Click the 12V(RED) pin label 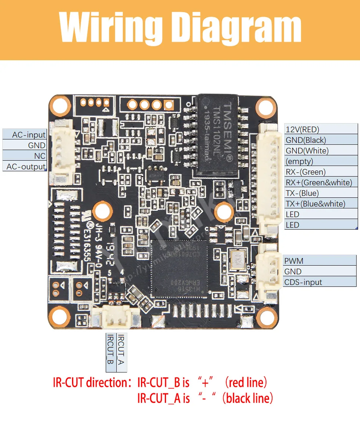coord(302,130)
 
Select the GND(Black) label coord(306,140)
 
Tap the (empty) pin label coord(299,161)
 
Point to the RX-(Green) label coord(305,172)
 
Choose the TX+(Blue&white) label coord(315,204)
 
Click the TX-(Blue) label coord(302,193)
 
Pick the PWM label coord(294,261)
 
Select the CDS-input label coord(303,282)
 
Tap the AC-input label coord(29,135)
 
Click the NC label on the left coord(40,156)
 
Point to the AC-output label coord(26,166)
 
